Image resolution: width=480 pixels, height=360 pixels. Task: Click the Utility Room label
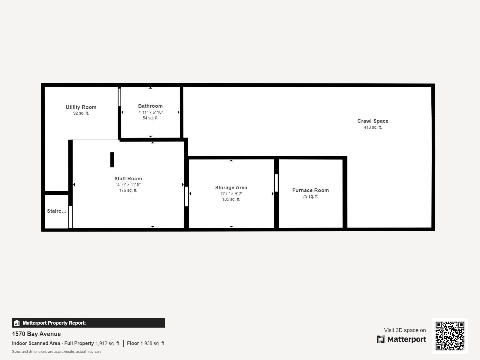tap(81, 107)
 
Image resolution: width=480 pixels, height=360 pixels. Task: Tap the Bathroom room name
tap(150, 106)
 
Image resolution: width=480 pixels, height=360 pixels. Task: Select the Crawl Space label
tap(373, 121)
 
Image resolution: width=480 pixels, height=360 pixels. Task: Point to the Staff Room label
tap(128, 178)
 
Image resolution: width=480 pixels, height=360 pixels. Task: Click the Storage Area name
tap(231, 187)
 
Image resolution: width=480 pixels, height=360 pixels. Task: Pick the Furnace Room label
tap(310, 190)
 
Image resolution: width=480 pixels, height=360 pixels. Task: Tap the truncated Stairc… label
tap(57, 211)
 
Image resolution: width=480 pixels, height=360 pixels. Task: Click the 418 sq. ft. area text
tap(373, 127)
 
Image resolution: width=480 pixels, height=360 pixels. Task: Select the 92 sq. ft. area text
tap(81, 113)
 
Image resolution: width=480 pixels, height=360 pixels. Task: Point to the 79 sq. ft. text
tap(310, 196)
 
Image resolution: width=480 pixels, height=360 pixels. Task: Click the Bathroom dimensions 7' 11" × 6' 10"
tap(150, 112)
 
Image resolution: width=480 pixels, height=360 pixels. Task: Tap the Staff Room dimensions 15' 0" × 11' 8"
tap(128, 184)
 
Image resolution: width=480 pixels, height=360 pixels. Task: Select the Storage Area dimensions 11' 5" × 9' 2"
tap(231, 193)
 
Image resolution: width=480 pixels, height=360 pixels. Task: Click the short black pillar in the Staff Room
tap(112, 160)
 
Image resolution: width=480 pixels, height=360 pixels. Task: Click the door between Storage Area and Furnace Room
tap(276, 183)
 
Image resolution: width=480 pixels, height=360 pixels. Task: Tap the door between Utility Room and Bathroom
tap(119, 97)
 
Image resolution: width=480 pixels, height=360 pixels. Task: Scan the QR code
tap(450, 336)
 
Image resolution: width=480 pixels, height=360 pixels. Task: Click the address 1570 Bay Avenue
tap(36, 334)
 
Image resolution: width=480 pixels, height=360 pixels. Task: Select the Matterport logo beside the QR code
tap(401, 339)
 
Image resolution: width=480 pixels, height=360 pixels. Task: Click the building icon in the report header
tap(17, 323)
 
